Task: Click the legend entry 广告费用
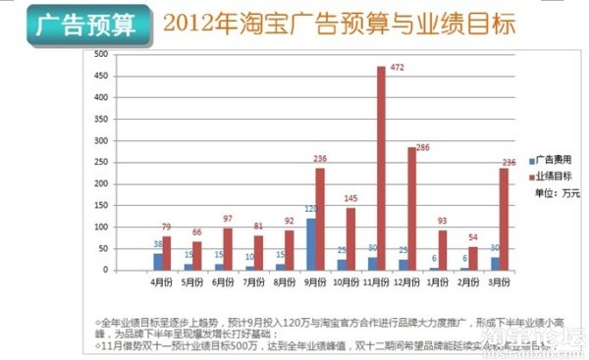tap(550, 159)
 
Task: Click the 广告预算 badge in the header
tap(80, 23)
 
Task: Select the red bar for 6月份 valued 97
tap(228, 250)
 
